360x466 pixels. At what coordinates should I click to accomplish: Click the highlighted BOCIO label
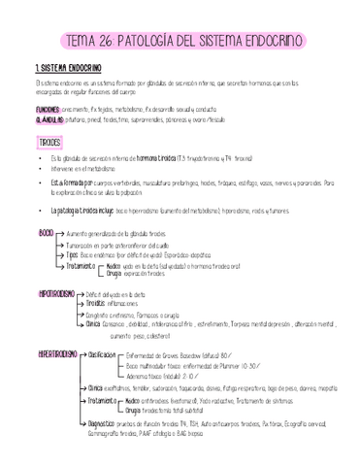coord(47,234)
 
